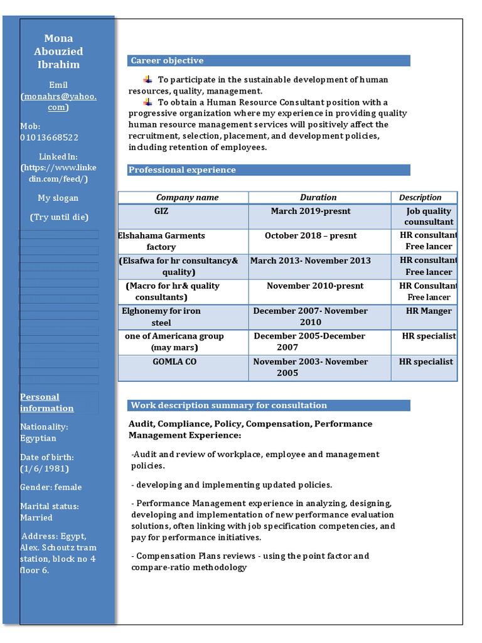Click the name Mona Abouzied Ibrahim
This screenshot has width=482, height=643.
58,51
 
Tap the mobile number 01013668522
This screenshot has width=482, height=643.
49,138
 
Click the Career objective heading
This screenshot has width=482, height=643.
167,61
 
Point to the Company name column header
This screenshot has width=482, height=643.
187,197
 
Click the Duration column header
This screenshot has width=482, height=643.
318,197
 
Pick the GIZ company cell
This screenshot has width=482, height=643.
161,211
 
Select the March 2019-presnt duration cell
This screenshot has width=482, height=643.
311,211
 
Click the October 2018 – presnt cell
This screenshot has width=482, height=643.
311,236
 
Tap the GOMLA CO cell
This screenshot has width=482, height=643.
174,362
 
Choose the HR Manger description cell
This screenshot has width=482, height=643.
429,311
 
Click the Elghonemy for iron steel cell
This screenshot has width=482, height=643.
161,316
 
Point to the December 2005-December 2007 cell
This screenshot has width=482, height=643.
309,342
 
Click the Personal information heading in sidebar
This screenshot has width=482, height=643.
47,403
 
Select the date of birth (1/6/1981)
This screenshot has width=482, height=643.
44,468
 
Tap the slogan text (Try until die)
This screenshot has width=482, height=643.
60,217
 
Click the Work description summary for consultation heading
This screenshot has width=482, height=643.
228,406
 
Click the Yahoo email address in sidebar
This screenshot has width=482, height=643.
58,102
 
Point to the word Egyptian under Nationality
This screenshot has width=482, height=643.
38,438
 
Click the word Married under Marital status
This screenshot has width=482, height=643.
36,517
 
